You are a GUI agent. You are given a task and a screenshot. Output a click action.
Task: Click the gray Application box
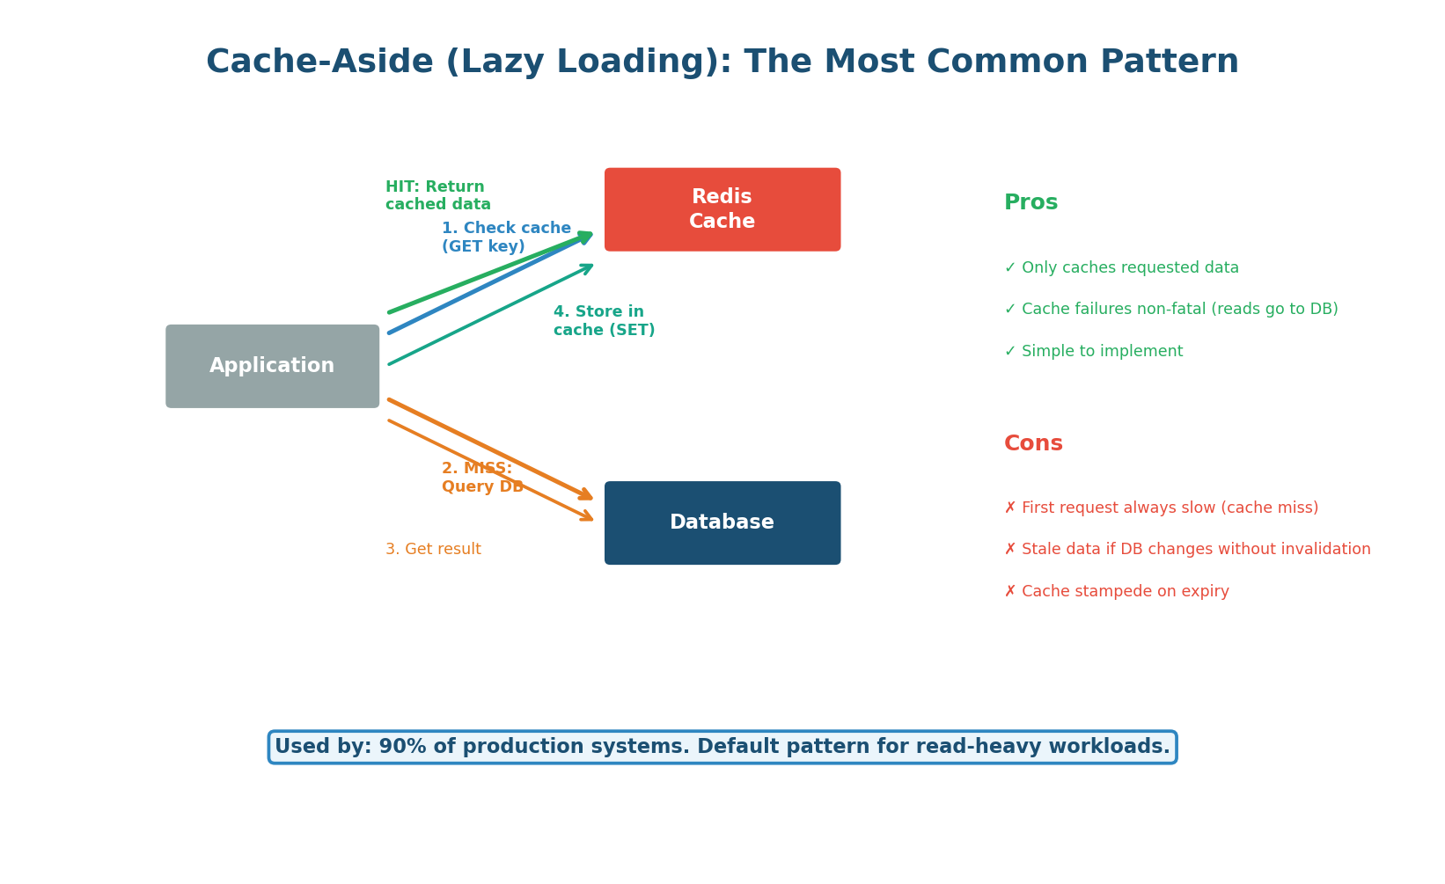(272, 366)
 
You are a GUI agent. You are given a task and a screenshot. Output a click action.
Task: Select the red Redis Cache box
(722, 209)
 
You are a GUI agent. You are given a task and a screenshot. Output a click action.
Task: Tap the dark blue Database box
(722, 522)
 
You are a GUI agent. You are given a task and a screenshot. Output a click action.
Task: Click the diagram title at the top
(722, 62)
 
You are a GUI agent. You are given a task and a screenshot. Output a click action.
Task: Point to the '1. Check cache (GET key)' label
(505, 237)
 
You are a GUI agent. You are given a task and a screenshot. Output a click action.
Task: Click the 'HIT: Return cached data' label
(437, 196)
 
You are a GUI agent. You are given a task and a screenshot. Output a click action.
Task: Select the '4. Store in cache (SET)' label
(604, 321)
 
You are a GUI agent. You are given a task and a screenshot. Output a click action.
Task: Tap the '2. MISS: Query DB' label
(481, 478)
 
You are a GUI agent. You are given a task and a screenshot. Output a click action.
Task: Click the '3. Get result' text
(433, 550)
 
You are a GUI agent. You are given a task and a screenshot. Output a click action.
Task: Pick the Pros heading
(1031, 203)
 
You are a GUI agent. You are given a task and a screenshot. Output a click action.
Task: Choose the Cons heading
(1033, 444)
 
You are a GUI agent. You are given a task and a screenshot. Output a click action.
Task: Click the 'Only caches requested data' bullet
(1121, 268)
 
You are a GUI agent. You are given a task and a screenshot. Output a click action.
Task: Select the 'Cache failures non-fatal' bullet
(1170, 310)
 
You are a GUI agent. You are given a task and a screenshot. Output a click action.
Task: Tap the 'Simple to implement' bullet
(1093, 352)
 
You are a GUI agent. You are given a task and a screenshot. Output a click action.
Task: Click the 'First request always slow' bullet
(1161, 508)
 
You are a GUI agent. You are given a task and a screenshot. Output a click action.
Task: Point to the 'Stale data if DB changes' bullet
(1187, 550)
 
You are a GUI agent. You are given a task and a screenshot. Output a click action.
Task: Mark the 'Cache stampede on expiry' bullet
(1116, 592)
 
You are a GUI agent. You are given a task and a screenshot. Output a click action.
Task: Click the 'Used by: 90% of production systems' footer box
(722, 747)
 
